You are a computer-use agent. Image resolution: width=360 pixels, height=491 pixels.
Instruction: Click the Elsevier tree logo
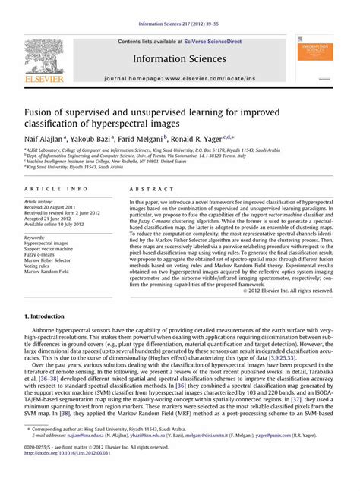[x=44, y=56]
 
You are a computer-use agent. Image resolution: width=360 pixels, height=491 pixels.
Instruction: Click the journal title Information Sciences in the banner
[x=180, y=58]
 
